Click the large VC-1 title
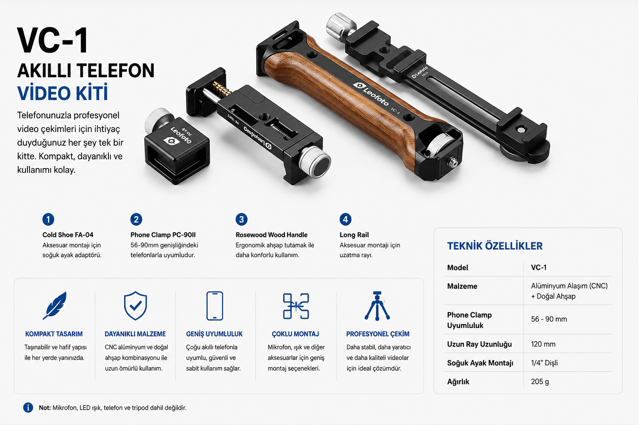coord(53,40)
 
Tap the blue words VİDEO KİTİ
coord(63,93)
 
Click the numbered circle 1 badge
coord(48,220)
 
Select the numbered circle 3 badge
coord(241,220)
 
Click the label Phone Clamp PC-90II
coord(163,235)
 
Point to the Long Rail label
coord(354,235)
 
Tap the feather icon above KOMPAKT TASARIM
coord(55,305)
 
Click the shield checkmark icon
coord(135,306)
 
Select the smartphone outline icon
coord(214,306)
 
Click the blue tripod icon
coord(377,306)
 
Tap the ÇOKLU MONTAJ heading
coord(295,334)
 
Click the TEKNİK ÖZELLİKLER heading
coord(495,246)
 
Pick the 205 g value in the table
coord(540,381)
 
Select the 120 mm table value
coord(543,344)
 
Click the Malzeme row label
coord(462,286)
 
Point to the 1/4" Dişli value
coord(544,363)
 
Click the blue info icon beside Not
coord(28,408)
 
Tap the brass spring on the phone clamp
coord(221,88)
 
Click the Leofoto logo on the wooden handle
coord(371,94)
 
